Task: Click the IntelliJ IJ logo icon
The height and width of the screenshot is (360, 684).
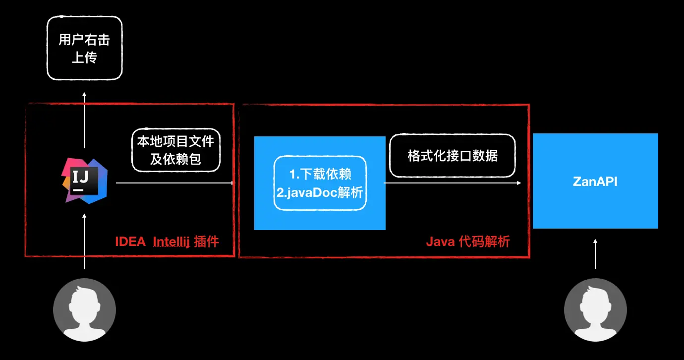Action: [84, 181]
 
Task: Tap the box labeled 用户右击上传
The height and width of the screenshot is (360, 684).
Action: [84, 48]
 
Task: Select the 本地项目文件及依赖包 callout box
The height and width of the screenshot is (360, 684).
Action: [176, 150]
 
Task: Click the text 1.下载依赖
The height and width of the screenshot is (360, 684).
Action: [321, 175]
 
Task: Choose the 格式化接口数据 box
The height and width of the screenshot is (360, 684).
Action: [452, 156]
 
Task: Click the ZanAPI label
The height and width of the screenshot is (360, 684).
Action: [595, 181]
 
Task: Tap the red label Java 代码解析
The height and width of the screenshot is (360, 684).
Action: [467, 242]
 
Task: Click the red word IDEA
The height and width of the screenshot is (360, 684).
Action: [130, 242]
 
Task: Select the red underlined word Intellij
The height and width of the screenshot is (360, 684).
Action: [171, 242]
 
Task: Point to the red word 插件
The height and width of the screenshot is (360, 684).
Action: [207, 242]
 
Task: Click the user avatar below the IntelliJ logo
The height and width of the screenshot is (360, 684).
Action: [84, 310]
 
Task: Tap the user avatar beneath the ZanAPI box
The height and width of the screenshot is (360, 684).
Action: [595, 310]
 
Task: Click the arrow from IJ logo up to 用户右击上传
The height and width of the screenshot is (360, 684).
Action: [84, 119]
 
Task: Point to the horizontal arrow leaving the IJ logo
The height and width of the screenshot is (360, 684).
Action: [173, 183]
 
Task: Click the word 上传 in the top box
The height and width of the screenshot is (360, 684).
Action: [84, 58]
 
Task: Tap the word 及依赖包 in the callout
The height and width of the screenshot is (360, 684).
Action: [176, 159]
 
